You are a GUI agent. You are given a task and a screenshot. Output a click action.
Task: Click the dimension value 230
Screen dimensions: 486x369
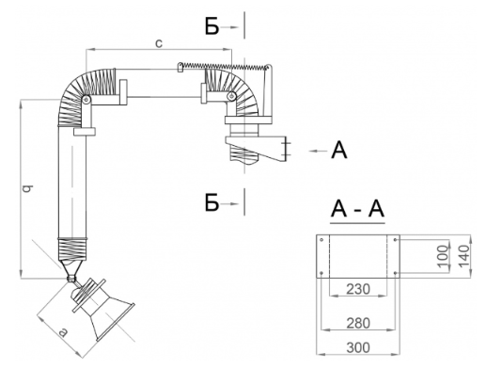click(358, 289)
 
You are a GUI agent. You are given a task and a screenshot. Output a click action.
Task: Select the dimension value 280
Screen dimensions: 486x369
click(358, 323)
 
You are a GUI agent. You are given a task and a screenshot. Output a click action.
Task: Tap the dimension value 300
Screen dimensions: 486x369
click(358, 347)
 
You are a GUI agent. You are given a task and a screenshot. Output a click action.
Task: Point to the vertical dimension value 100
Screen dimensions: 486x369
click(443, 256)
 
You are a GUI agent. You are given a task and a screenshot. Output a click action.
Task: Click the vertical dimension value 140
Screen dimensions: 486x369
click(464, 256)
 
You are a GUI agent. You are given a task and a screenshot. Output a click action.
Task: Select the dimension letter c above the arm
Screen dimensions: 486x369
click(159, 43)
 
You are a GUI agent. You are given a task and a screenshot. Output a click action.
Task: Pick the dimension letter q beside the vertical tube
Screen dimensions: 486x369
click(27, 188)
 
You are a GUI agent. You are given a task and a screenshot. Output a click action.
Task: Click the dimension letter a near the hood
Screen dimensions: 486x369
click(63, 332)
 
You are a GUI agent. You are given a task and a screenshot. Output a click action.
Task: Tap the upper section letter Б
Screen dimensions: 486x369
click(212, 26)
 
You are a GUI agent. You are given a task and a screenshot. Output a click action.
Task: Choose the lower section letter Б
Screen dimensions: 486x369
click(212, 202)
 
